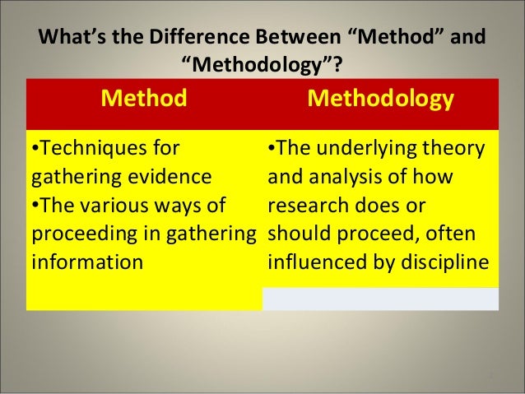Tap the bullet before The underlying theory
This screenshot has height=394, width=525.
click(x=270, y=149)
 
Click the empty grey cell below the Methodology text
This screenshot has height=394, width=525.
click(x=379, y=298)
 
